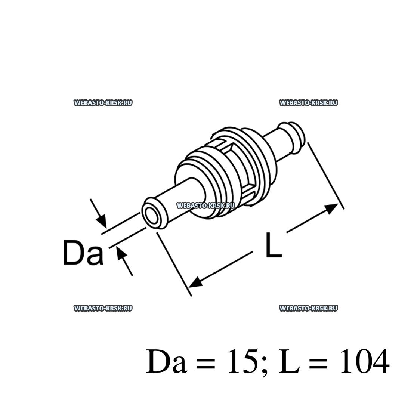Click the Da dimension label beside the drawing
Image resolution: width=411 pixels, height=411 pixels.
point(83,253)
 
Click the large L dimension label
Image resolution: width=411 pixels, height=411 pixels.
point(273,245)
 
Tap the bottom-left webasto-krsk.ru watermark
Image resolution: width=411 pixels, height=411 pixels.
point(103,308)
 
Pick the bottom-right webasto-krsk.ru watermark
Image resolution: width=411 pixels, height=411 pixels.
point(308,308)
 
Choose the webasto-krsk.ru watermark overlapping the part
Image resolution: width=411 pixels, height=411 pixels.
point(205,205)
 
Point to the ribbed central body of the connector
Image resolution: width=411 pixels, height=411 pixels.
point(224,168)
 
